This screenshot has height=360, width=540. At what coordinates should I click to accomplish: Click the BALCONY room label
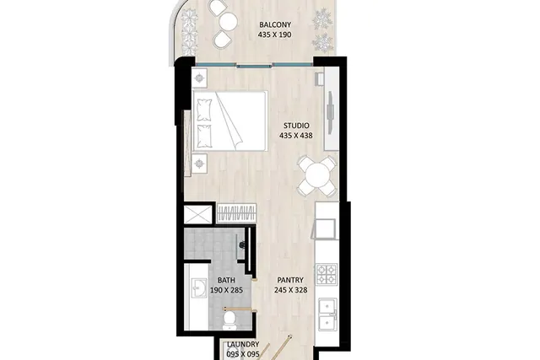point(275,24)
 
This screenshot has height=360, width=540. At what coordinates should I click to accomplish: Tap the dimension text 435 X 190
point(274,35)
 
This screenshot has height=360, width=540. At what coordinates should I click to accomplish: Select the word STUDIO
point(296,126)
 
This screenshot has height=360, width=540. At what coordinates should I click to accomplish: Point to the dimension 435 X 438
point(296,136)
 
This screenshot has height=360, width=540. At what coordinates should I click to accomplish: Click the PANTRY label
point(290,280)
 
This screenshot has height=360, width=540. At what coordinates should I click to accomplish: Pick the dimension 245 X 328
point(290,290)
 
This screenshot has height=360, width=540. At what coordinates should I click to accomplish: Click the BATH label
point(226,280)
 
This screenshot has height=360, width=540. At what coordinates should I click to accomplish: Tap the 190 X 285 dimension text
point(226,290)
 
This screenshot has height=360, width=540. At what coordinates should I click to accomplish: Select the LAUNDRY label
point(243,345)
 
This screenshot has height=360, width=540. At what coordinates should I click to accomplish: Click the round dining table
point(317,176)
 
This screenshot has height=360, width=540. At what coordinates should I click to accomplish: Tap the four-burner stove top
point(327,274)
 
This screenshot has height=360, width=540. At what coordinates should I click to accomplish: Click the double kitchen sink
point(327,314)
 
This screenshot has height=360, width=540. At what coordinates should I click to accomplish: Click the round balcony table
point(229,22)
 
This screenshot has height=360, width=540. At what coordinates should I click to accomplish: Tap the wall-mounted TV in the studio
point(331,112)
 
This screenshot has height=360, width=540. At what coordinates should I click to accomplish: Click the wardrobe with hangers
point(236,212)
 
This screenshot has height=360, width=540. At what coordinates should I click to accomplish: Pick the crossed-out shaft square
point(197,214)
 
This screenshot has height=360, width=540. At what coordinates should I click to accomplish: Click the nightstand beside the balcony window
point(199,78)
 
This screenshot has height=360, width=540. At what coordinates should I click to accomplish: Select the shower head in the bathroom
point(242,245)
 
